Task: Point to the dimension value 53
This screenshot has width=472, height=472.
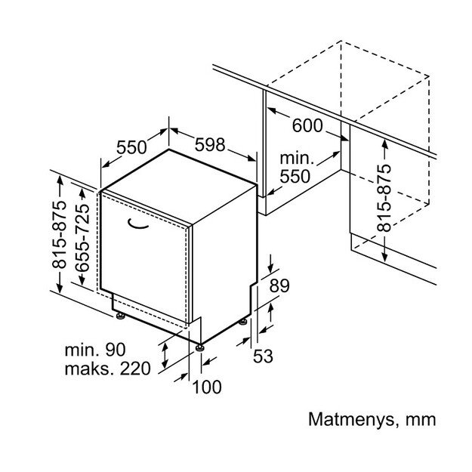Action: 262,356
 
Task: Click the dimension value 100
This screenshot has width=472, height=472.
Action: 208,387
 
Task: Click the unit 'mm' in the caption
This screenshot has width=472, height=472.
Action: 421,418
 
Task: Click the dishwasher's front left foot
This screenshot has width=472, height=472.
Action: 119,314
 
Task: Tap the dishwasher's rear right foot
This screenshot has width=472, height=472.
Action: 243,321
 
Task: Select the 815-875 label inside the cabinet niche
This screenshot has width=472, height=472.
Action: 384,199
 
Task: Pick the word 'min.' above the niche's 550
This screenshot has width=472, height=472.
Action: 296,159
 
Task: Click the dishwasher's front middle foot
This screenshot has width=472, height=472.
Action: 199,347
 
